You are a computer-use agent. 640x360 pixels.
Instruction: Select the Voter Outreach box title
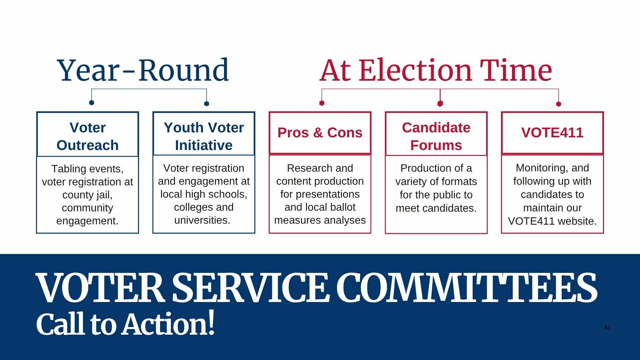pos(88,136)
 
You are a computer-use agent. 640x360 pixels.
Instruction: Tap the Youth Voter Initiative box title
pos(204,136)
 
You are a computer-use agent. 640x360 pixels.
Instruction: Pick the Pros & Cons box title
pos(320,133)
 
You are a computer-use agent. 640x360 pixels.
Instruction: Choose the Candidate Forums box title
pos(436,136)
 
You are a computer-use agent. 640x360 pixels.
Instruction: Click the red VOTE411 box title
pos(552,133)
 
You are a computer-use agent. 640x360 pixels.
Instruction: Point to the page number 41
pos(607,328)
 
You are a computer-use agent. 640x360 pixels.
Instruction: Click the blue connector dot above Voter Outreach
pos(92,103)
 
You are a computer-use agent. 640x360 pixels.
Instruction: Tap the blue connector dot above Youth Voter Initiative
pos(206,104)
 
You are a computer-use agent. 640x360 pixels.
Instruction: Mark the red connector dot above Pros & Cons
pos(322,103)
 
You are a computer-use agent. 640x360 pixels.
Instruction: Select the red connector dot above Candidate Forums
pos(440,104)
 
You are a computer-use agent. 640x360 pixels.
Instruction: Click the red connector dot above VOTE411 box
pos(559,104)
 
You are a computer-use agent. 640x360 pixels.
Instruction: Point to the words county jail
pos(87,195)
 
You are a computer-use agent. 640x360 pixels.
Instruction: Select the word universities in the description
pos(202,220)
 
